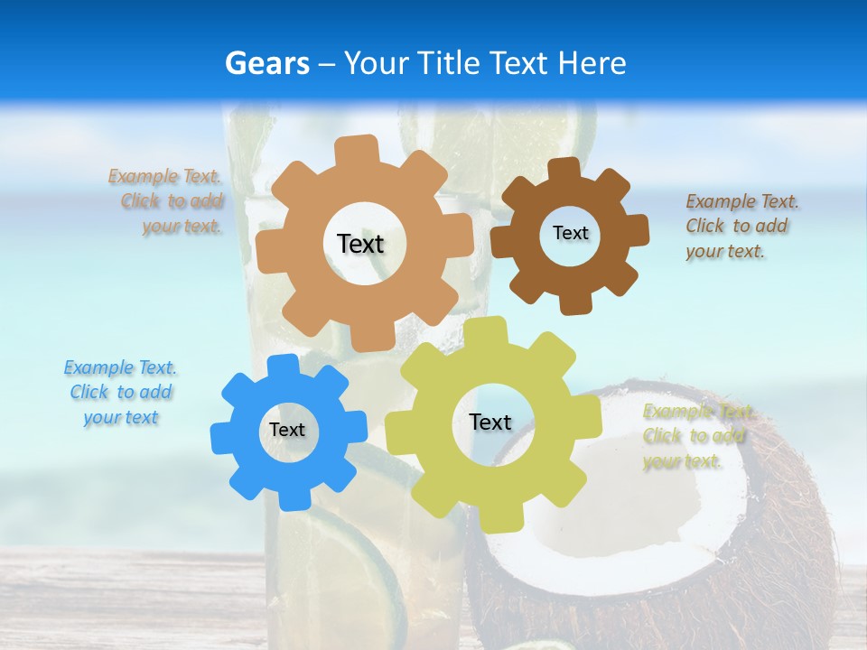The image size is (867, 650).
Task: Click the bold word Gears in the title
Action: point(266,63)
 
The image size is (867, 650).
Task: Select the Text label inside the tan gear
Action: point(360,244)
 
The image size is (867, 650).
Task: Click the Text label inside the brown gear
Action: point(570,233)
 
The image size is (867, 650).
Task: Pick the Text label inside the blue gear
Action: point(286,431)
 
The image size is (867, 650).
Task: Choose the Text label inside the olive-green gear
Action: point(490,422)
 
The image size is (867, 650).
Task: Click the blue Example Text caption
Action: point(120,393)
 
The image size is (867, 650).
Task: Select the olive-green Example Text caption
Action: point(696,436)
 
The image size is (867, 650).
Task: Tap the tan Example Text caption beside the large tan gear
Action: point(166,201)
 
